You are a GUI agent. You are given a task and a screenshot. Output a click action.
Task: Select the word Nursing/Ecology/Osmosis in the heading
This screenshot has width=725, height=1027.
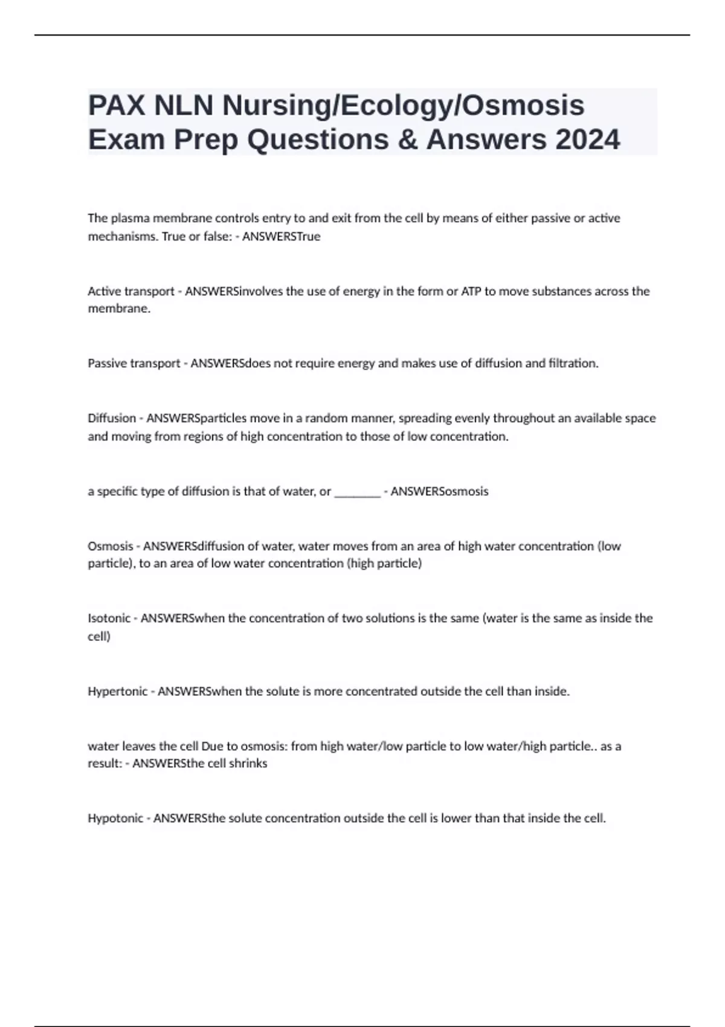(403, 106)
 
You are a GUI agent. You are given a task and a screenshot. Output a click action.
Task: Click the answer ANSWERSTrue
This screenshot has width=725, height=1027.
(281, 236)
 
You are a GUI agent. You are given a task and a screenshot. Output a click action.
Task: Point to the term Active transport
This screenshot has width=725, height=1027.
(130, 291)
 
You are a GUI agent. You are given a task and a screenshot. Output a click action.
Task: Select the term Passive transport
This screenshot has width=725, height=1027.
(134, 363)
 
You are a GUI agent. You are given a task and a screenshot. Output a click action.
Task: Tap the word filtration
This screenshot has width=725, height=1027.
(573, 363)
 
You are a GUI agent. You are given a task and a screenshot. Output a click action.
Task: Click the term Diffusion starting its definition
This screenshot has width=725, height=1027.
(111, 418)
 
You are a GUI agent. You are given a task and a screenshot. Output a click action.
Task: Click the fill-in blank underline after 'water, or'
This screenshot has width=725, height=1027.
(357, 492)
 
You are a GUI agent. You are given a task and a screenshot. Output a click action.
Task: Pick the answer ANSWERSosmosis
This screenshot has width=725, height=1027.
(439, 492)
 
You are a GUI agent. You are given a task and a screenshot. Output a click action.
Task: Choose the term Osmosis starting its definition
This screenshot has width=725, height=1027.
(110, 546)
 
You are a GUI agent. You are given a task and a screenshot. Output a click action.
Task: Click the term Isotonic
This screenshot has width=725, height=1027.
(109, 618)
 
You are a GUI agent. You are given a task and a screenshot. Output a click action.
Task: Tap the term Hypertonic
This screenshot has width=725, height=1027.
(117, 691)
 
